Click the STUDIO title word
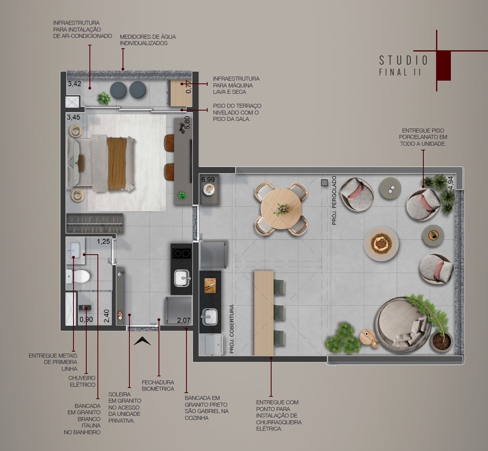pyautogui.click(x=403, y=60)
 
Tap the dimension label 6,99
pyautogui.click(x=208, y=180)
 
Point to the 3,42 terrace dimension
pyautogui.click(x=74, y=84)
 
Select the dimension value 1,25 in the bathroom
pyautogui.click(x=103, y=241)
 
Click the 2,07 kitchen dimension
pyautogui.click(x=184, y=320)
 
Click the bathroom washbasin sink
pyautogui.click(x=75, y=250)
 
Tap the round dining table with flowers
pyautogui.click(x=281, y=209)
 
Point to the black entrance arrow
pyautogui.click(x=142, y=341)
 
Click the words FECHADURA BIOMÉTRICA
pyautogui.click(x=158, y=386)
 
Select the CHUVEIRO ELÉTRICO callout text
pyautogui.click(x=82, y=381)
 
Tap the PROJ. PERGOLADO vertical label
pyautogui.click(x=334, y=200)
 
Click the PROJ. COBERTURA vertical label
pyautogui.click(x=232, y=329)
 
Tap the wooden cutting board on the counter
pyautogui.click(x=210, y=285)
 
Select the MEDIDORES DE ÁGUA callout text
pyautogui.click(x=148, y=40)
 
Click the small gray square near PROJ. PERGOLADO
pyautogui.click(x=324, y=183)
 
